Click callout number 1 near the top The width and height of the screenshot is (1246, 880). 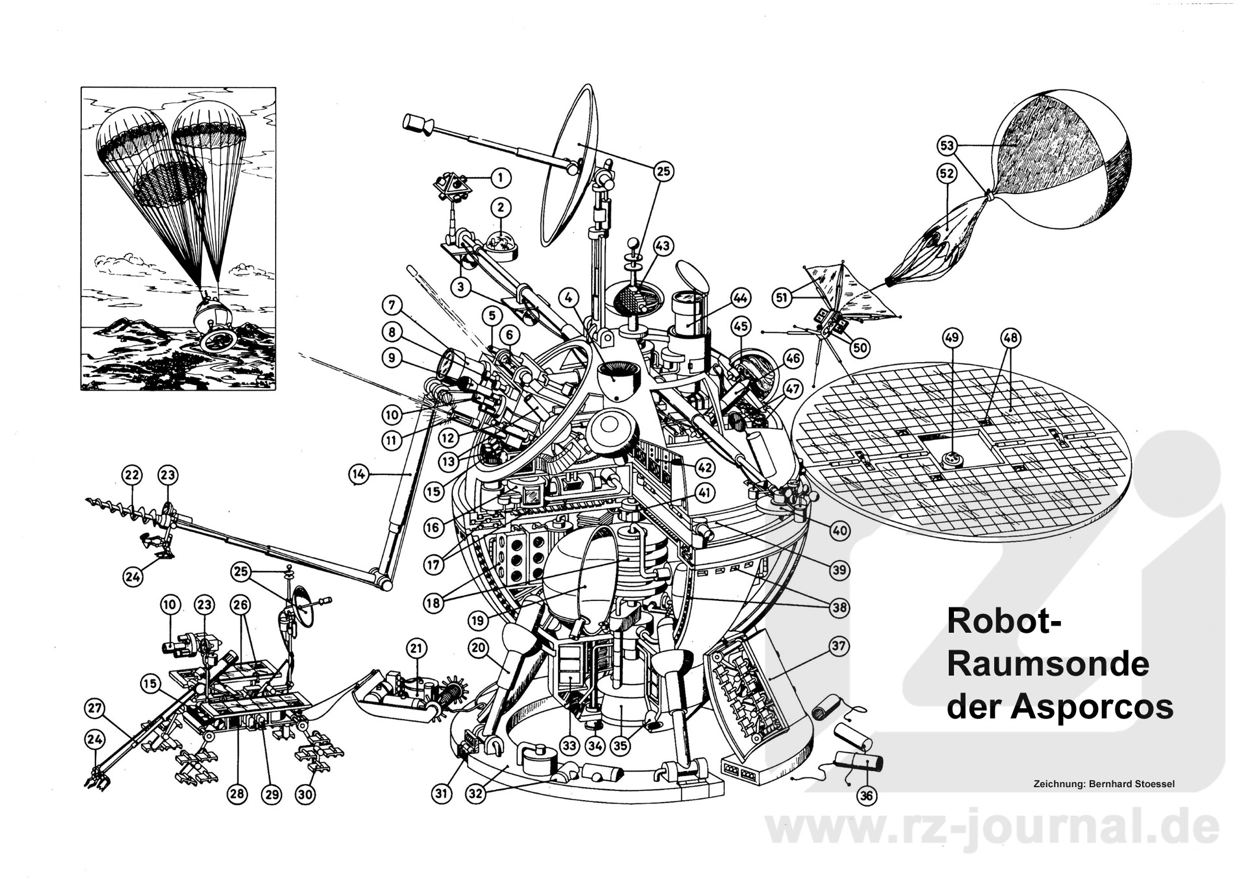click(x=500, y=177)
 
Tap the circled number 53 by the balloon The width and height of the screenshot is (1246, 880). click(x=947, y=146)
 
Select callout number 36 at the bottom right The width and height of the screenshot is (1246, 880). click(x=866, y=795)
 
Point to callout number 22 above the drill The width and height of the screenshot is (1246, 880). click(x=132, y=476)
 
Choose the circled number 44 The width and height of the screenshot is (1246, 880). click(x=740, y=298)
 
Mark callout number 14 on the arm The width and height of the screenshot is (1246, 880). click(x=358, y=475)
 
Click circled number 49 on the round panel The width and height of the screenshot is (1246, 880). click(x=952, y=338)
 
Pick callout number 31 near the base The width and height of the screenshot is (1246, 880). click(x=442, y=794)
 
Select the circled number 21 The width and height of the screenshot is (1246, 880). click(x=416, y=648)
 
